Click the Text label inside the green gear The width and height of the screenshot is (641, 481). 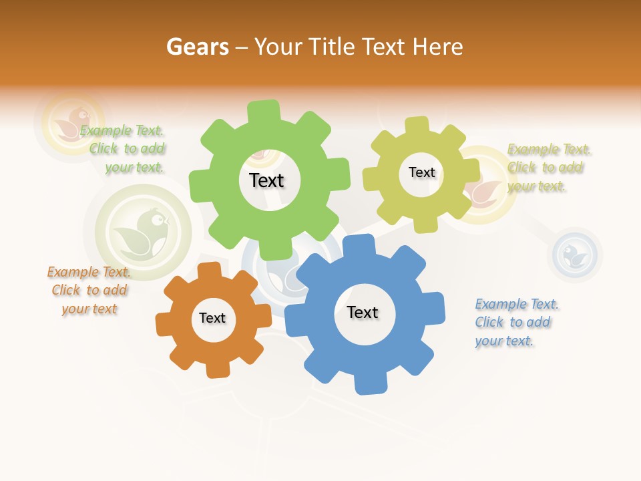pos(266,180)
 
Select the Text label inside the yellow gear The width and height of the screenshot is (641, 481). pos(421,172)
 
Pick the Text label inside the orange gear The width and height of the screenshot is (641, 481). pos(212,318)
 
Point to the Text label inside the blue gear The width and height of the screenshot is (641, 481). pos(363,312)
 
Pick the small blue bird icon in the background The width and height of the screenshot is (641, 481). pos(575,255)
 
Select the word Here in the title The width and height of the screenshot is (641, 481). pos(438,47)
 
